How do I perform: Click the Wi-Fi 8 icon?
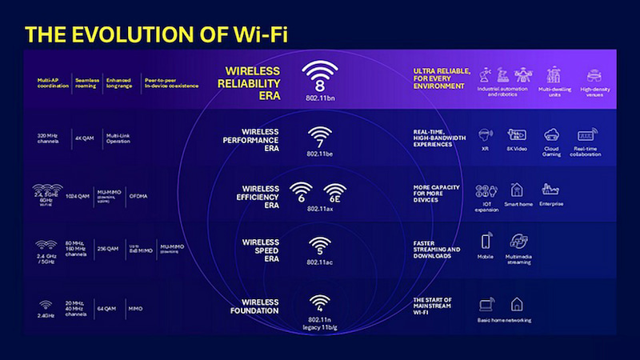[x=320, y=77]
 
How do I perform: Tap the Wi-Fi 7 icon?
[x=319, y=137]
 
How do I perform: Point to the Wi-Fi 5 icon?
[x=319, y=244]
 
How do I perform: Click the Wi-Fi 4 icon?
[x=319, y=301]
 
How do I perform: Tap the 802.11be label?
[x=319, y=152]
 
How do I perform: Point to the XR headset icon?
[x=484, y=134]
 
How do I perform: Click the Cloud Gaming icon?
[x=551, y=134]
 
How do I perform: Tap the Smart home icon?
[x=516, y=190]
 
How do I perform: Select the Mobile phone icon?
[x=486, y=241]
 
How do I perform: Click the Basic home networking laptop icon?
[x=485, y=305]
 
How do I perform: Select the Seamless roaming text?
[x=86, y=82]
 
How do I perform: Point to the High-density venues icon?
[x=593, y=76]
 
